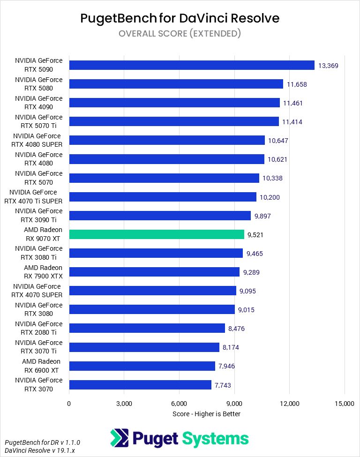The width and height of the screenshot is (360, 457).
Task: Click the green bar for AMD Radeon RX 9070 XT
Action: (x=157, y=234)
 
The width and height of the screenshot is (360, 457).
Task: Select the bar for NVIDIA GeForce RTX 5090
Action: (x=191, y=65)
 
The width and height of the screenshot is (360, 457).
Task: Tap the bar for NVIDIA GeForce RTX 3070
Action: (x=140, y=385)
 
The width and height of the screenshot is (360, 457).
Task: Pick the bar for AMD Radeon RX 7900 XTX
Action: (x=154, y=272)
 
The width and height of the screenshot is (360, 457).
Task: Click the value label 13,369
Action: (x=328, y=66)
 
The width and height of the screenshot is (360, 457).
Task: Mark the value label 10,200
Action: (x=270, y=197)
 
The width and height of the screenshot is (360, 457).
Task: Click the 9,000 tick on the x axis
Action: (x=234, y=404)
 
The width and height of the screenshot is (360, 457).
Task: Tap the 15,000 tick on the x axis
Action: (x=345, y=404)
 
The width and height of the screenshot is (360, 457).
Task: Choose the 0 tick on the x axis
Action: (x=69, y=404)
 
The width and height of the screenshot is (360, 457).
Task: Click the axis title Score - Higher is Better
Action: (x=206, y=414)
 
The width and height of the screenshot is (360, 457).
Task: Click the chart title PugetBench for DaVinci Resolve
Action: (x=180, y=18)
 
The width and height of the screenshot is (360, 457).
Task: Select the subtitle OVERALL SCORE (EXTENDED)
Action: (x=180, y=33)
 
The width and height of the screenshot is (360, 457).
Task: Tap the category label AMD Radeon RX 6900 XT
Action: (x=41, y=366)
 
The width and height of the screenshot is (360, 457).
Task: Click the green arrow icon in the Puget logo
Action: (x=119, y=438)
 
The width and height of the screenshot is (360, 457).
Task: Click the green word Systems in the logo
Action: (x=215, y=439)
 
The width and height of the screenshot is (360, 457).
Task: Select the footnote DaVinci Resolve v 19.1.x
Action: (x=42, y=450)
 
